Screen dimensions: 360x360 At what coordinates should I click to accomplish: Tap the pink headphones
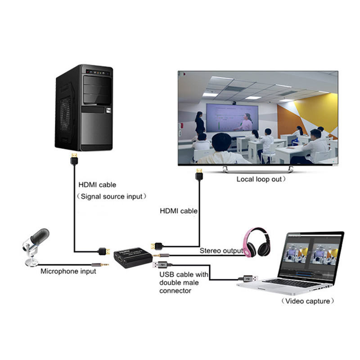(256, 243)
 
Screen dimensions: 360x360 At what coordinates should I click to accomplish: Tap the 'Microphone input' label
(68, 271)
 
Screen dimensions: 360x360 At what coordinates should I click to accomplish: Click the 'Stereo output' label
(221, 251)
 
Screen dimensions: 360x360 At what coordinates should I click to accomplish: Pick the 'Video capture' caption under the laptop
(308, 301)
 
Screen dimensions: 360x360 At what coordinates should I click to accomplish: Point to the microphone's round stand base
(31, 262)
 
